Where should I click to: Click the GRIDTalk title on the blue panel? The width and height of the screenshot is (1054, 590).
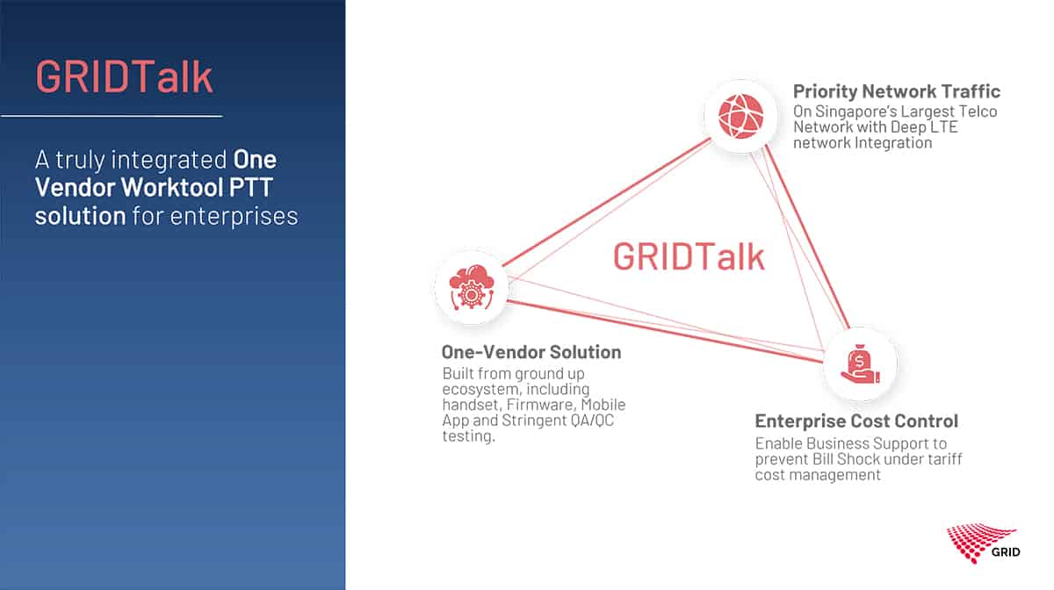click(x=124, y=76)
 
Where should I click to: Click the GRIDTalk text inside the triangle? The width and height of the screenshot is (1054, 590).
click(x=689, y=256)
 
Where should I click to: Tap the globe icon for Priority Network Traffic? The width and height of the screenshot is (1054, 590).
click(x=740, y=116)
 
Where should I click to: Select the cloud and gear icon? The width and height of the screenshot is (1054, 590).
click(x=472, y=287)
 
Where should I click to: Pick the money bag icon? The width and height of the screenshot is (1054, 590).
click(x=860, y=363)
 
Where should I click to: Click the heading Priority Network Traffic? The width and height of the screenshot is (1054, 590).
click(x=897, y=91)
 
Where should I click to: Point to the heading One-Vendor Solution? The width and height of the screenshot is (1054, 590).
click(x=531, y=352)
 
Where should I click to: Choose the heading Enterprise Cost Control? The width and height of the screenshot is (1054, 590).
click(x=856, y=421)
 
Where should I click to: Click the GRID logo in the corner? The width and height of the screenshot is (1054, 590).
click(x=983, y=543)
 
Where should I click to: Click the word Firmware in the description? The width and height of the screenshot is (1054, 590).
click(x=541, y=405)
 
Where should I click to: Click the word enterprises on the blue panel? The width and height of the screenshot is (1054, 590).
click(x=234, y=217)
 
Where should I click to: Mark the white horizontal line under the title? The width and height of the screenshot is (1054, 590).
click(x=112, y=115)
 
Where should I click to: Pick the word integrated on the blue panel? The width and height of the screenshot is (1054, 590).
click(x=169, y=160)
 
